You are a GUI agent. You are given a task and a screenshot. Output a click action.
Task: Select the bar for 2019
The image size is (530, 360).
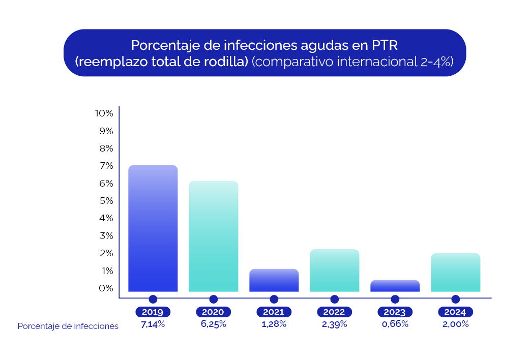[x=153, y=228]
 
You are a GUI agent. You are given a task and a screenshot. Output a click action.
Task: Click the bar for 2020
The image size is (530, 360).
[x=213, y=236]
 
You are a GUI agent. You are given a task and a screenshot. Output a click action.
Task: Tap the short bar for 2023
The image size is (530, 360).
[x=395, y=286]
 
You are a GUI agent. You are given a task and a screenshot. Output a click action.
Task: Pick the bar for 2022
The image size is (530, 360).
[x=334, y=270]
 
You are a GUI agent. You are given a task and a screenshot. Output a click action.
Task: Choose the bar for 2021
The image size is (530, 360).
[x=274, y=280]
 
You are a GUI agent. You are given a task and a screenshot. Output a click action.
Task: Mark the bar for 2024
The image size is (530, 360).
[x=455, y=272]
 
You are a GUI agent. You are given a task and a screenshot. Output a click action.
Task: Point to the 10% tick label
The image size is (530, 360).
[x=104, y=113]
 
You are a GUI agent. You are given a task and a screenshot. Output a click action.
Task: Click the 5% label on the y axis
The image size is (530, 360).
[x=105, y=200]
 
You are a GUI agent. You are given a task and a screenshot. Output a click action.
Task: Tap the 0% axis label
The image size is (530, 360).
[x=105, y=288]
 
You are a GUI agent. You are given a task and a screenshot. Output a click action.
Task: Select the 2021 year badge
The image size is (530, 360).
[x=274, y=312]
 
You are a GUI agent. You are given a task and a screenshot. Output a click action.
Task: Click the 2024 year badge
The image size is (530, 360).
[x=455, y=312]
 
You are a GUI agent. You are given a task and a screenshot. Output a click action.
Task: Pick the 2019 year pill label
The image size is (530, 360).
[x=153, y=312]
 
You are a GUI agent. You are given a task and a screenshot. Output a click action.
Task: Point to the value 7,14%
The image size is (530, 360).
[x=153, y=324]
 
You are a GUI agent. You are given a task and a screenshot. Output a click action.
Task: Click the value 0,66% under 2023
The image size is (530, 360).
[x=395, y=324]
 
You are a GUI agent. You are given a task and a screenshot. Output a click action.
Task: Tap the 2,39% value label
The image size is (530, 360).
[x=334, y=324]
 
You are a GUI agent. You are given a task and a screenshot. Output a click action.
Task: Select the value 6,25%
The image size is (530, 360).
[x=213, y=324]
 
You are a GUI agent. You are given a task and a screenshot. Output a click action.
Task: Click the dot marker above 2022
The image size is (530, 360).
[x=334, y=299]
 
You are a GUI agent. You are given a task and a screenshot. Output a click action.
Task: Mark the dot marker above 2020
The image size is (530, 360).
[x=213, y=299]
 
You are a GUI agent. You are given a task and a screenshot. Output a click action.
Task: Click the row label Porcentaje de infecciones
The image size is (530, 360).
[x=68, y=326]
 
